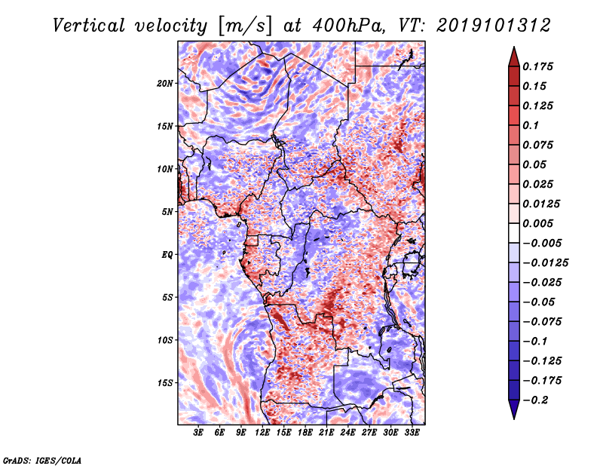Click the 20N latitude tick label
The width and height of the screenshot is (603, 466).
164,83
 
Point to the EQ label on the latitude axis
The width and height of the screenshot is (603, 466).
167,254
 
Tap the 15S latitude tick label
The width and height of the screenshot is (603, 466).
164,382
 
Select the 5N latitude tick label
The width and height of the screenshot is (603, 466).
167,212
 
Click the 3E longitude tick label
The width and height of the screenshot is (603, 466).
199,434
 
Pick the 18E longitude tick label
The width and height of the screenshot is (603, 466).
305,434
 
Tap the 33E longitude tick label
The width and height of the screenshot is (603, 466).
412,434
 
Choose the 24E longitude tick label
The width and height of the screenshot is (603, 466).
347,434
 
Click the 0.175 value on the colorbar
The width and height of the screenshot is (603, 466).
540,66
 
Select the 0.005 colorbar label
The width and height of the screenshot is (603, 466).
540,223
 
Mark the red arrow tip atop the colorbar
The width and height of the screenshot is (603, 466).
513,51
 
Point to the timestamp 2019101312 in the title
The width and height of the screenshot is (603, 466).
486,25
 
